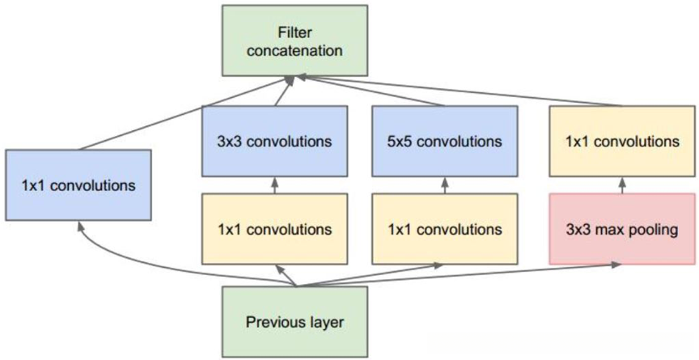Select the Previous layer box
pos(296,322)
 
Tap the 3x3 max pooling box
pos(622,229)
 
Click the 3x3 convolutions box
pos(274,142)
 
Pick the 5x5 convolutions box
pos(444,142)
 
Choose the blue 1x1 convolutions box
pos(78,185)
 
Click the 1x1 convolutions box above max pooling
pos(622,142)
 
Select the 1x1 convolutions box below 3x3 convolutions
pos(274,229)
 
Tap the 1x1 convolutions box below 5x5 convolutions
pos(444,229)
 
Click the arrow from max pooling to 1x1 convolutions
pos(622,185)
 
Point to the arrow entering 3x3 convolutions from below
pos(274,185)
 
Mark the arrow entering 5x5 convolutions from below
pos(444,185)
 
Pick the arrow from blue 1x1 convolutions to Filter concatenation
pos(186,113)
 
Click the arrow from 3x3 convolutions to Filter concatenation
pos(283,92)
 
